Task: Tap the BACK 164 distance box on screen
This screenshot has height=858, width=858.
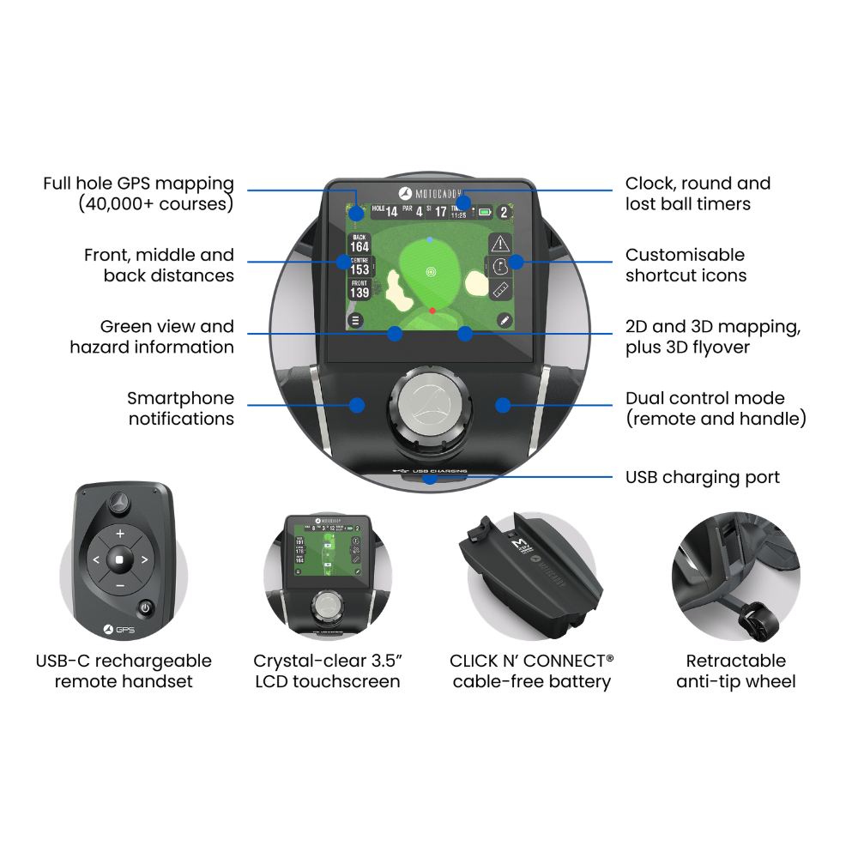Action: (x=360, y=243)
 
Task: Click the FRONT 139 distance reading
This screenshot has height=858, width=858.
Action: (x=360, y=289)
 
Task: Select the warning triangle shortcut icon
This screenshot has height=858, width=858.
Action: (x=500, y=242)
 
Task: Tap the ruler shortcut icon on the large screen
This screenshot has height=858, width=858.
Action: (x=500, y=289)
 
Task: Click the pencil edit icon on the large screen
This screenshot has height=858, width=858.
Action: (x=504, y=320)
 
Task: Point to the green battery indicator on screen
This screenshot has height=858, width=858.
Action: (x=486, y=211)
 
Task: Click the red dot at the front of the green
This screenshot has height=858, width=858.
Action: (x=432, y=310)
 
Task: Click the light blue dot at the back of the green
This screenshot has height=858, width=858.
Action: (x=430, y=239)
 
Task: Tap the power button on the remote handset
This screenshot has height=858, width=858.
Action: (x=146, y=607)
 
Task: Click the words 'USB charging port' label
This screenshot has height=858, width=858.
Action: (x=703, y=477)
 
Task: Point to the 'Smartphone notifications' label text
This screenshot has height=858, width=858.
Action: (x=180, y=408)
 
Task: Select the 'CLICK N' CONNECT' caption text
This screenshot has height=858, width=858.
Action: (x=532, y=662)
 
